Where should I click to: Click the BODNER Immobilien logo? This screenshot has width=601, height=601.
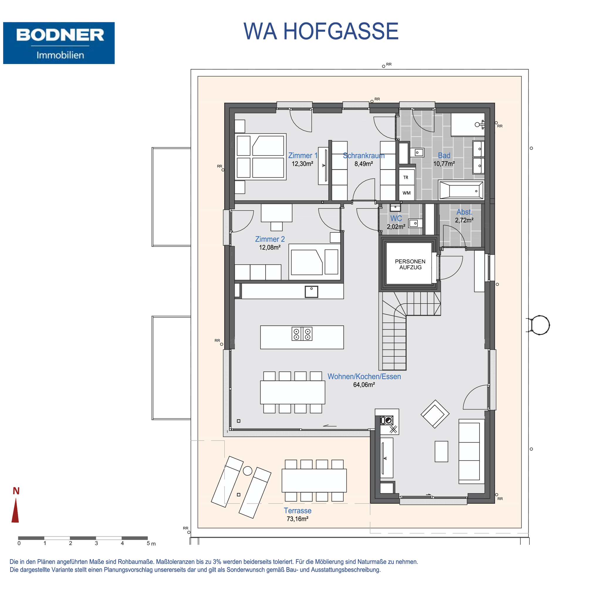point(59,43)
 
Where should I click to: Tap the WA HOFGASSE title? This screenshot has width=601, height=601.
point(321,31)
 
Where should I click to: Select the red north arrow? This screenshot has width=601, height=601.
point(15,510)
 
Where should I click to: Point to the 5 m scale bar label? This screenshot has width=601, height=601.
point(151,543)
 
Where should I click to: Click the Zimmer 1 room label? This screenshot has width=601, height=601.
point(303,156)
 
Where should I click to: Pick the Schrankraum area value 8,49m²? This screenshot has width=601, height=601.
point(364,164)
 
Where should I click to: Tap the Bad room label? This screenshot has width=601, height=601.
point(444,156)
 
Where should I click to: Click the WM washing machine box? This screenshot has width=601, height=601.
point(406,193)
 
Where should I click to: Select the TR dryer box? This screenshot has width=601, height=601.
point(406,177)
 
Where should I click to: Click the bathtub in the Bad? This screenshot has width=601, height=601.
point(461,190)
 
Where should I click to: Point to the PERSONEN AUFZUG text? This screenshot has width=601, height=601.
point(410,264)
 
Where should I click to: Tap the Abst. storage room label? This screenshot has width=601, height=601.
point(464,212)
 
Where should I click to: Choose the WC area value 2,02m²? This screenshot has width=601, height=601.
point(396,227)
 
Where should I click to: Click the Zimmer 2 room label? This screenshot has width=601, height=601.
point(270,239)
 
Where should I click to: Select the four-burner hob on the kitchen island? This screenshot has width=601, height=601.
point(302,334)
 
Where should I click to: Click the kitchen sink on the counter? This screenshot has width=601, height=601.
point(311,292)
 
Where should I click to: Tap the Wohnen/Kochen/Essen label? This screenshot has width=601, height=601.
point(364,377)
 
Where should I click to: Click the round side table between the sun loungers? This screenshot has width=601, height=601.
point(248,471)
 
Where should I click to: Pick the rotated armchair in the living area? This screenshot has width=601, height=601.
point(435,414)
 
